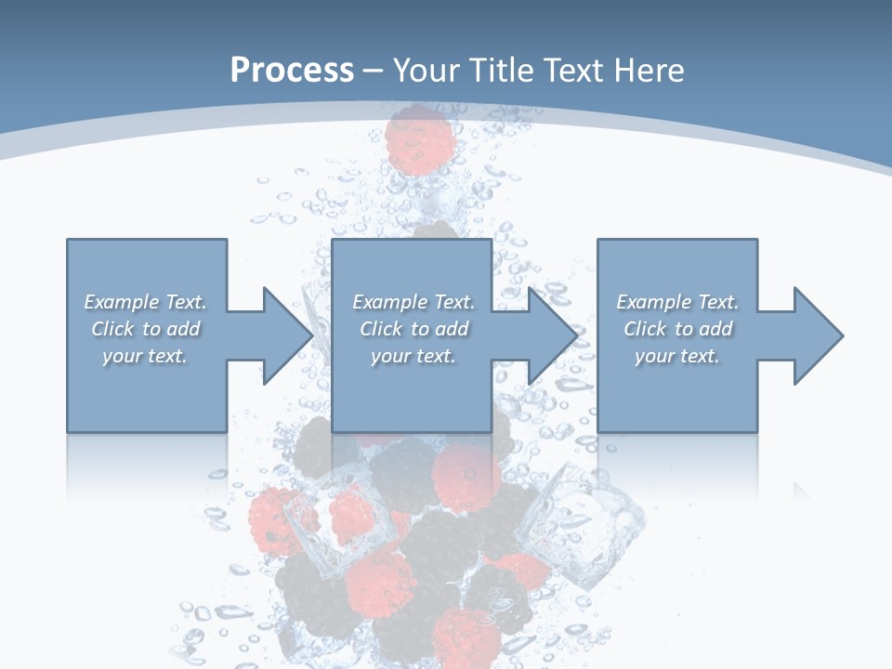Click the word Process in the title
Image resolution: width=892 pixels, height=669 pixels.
pyautogui.click(x=291, y=71)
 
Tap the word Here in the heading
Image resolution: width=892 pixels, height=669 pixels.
pyautogui.click(x=648, y=71)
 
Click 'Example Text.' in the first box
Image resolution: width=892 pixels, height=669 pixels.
pyautogui.click(x=145, y=302)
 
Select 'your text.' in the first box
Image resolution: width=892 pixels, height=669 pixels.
pyautogui.click(x=145, y=356)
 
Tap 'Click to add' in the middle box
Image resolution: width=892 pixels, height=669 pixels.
pyautogui.click(x=413, y=329)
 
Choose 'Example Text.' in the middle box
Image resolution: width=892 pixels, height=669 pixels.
pyautogui.click(x=413, y=302)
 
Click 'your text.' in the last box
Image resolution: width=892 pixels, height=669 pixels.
pyautogui.click(x=677, y=356)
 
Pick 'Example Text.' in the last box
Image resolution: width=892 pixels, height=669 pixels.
pyautogui.click(x=677, y=302)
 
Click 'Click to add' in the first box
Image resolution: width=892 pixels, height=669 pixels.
pyautogui.click(x=145, y=329)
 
